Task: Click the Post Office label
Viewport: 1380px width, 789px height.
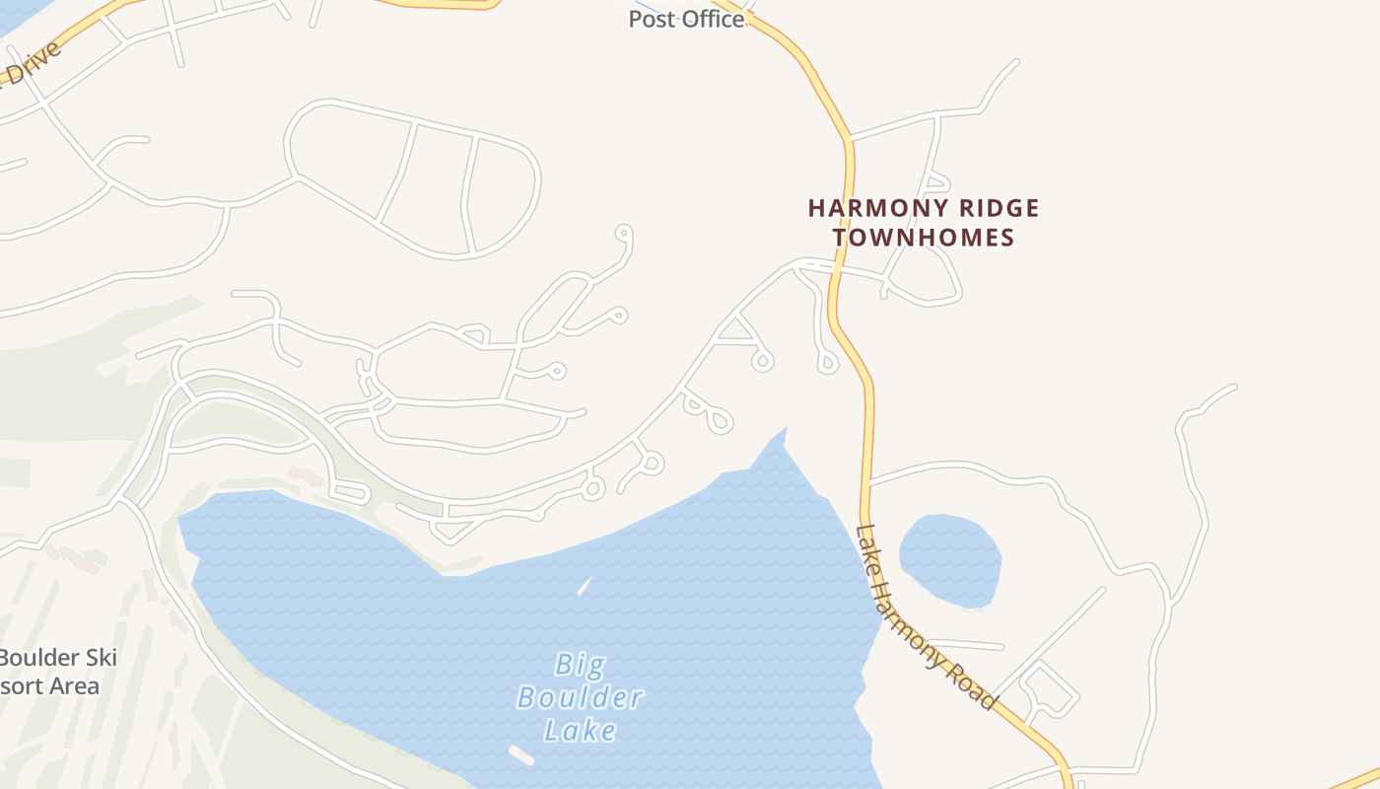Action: [687, 19]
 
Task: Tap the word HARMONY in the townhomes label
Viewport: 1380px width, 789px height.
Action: [863, 208]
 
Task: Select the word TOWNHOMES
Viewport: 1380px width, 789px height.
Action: [924, 238]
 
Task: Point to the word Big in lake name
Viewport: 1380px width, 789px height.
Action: [579, 664]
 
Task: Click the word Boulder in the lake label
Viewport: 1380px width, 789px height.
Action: [580, 697]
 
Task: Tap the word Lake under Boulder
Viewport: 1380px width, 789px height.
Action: [581, 731]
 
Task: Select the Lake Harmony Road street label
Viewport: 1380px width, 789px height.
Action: [925, 617]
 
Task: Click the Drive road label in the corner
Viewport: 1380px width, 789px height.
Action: [32, 65]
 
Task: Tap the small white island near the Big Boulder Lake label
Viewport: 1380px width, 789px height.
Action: [521, 755]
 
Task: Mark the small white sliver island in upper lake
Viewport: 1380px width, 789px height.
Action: [584, 586]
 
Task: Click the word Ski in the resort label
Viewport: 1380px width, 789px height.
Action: [101, 657]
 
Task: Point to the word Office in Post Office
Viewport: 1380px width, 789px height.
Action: [708, 19]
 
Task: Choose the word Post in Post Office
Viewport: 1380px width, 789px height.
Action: [649, 19]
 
